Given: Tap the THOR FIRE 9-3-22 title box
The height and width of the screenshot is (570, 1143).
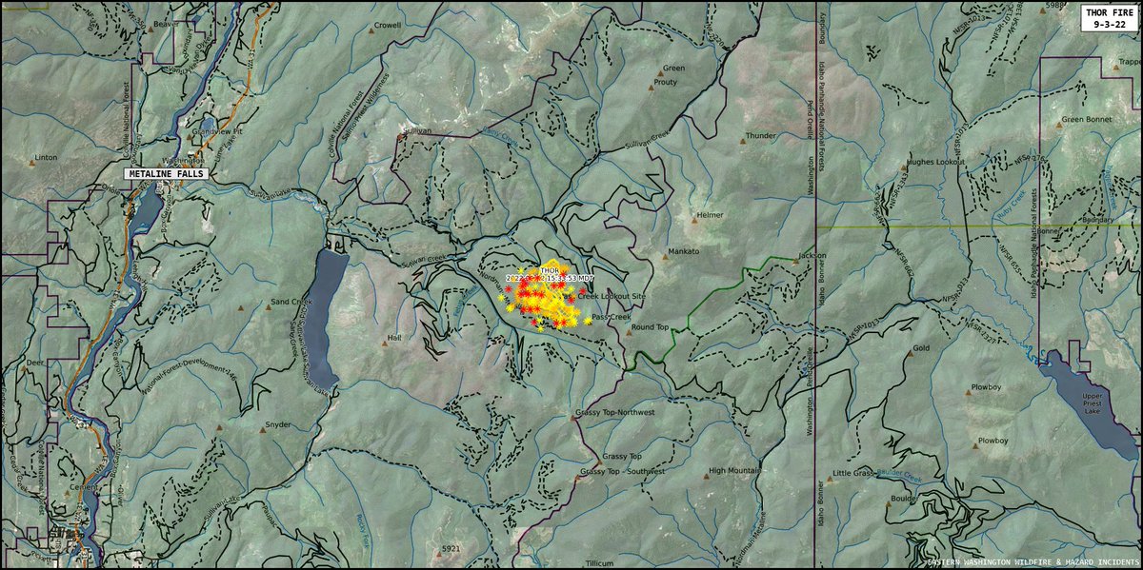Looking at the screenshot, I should [1107, 18].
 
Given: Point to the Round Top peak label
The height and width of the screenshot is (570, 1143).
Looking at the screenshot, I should [650, 327].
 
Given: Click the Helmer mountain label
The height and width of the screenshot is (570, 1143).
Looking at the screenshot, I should [710, 216].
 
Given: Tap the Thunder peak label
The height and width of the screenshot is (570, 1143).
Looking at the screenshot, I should [761, 136].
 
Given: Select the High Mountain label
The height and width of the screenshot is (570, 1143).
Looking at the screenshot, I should [733, 471].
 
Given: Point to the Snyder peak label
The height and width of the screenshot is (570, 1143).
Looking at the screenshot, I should [278, 424].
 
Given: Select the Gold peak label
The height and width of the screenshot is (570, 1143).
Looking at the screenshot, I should [920, 348].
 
